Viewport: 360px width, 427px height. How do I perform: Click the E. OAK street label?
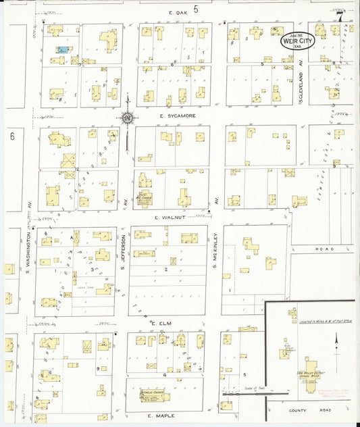click(x=178, y=12)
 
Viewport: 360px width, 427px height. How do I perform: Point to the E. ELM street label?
click(x=162, y=324)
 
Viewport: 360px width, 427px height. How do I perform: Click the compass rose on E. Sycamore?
click(x=126, y=120)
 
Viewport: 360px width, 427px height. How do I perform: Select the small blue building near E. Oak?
click(x=62, y=50)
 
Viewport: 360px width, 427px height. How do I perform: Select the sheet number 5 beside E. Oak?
click(x=196, y=9)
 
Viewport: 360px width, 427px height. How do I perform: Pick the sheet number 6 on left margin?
click(x=12, y=136)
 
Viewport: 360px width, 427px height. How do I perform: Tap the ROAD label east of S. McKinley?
click(x=325, y=249)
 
